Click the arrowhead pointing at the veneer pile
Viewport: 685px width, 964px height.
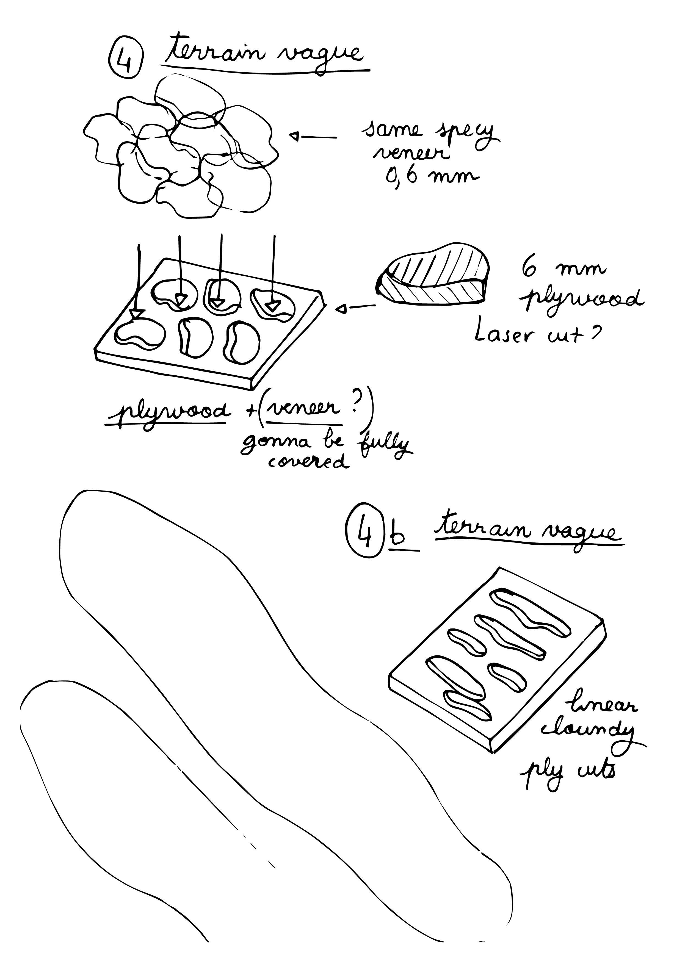click(x=295, y=136)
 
